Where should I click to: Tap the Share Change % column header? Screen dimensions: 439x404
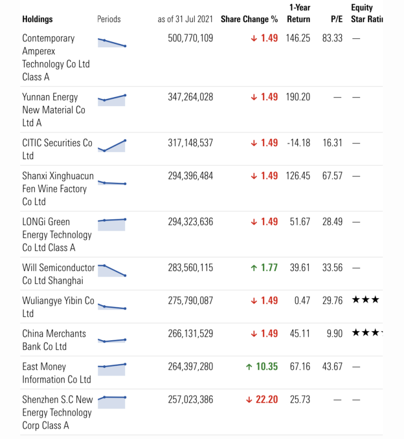click(249, 19)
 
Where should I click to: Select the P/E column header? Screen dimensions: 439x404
click(336, 19)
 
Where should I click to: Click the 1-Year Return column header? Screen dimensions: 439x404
click(298, 14)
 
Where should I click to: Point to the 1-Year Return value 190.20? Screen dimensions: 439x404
click(298, 97)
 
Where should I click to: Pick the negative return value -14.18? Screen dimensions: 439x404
click(298, 143)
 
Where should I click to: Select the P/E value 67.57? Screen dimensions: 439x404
click(332, 176)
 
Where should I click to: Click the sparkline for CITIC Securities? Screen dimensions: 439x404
click(111, 145)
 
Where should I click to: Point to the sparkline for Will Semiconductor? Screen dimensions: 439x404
click(111, 270)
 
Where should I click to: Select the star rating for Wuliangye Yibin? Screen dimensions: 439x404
click(366, 301)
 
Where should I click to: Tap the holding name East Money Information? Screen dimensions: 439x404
click(56, 373)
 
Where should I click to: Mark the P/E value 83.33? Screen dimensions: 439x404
click(332, 38)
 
